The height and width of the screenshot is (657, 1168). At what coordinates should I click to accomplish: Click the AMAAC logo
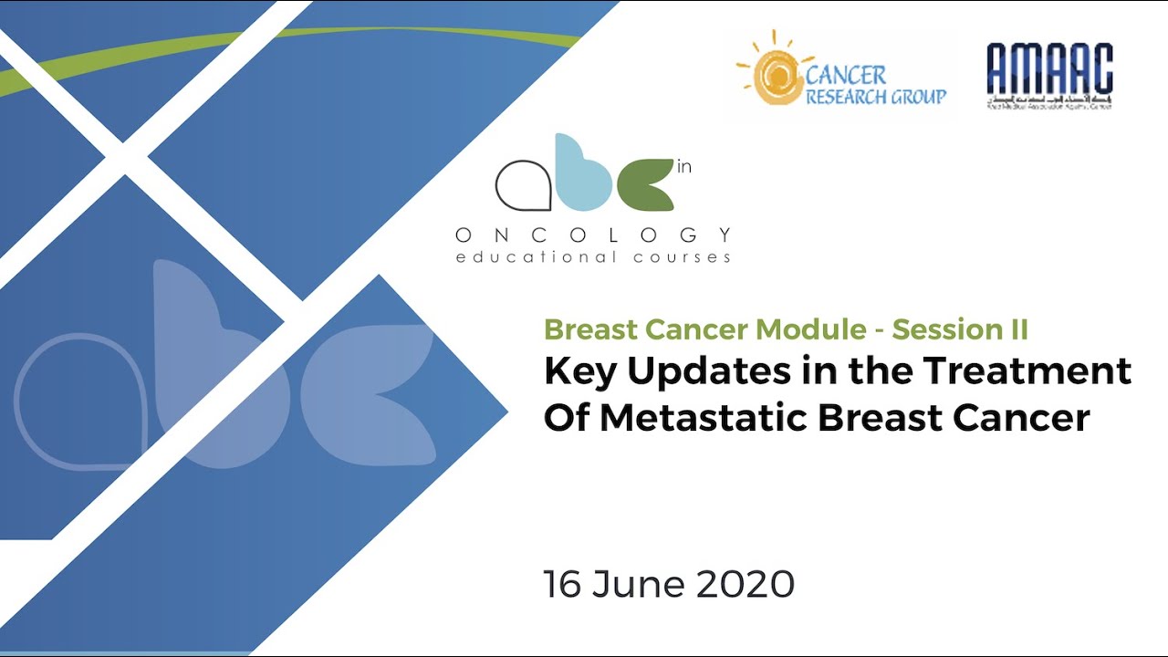(1049, 76)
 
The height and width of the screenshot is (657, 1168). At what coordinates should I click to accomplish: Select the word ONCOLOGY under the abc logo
(593, 235)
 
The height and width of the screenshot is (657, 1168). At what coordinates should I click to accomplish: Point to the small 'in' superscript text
(684, 168)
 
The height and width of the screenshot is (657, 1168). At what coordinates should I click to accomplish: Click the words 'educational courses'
(593, 257)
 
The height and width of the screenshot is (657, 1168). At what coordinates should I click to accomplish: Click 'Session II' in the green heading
(960, 328)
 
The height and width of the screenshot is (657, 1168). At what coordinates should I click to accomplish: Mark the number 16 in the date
(562, 584)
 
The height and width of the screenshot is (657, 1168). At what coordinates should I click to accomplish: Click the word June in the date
(639, 584)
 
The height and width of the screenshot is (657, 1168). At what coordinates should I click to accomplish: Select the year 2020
(745, 584)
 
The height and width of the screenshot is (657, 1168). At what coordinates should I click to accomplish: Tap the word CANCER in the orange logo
(846, 75)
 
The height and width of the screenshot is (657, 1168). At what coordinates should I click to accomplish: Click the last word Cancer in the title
(1022, 417)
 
